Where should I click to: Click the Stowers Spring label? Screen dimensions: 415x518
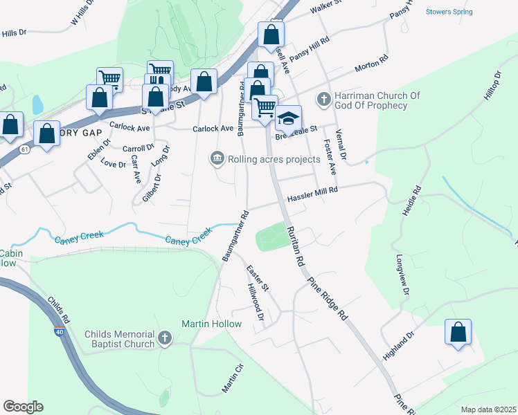point(449,12)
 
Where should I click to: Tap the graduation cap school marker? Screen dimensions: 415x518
point(289,119)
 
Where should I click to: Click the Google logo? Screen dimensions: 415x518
point(23,407)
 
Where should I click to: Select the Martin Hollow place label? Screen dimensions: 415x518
point(211,324)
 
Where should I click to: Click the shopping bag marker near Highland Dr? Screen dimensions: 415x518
point(458,332)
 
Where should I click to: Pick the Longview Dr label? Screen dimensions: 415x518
point(401,277)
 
